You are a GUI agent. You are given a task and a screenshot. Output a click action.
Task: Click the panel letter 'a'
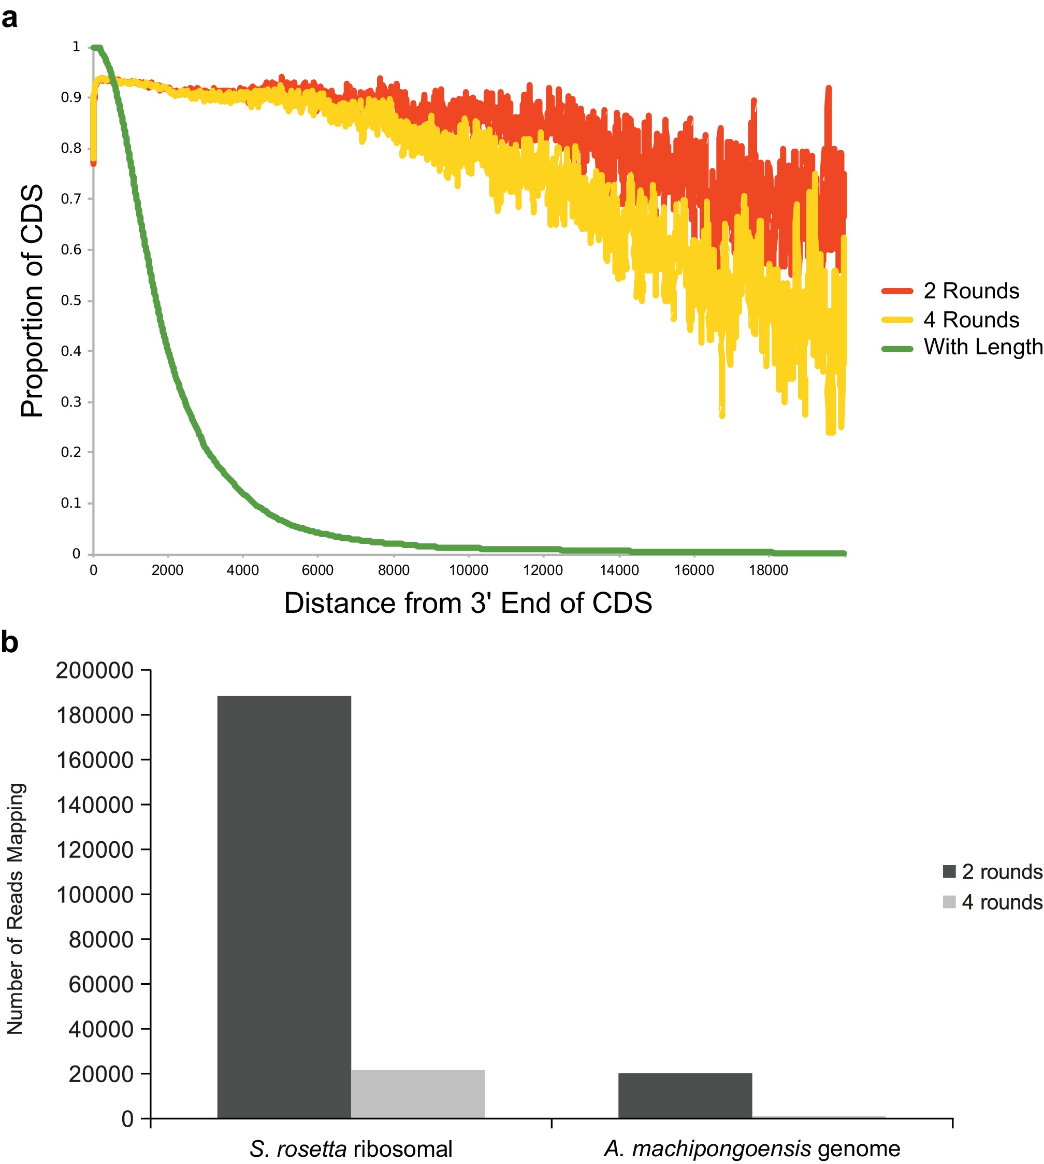click(10, 18)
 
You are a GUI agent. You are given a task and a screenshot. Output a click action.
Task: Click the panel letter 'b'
click(10, 642)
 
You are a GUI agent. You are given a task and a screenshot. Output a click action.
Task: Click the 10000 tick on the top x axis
click(468, 570)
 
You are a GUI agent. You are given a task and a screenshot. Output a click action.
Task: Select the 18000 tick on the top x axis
click(768, 570)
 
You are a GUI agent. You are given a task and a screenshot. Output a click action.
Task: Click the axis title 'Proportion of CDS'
click(32, 300)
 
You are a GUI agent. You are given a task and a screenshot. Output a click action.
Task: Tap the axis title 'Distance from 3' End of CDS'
click(468, 603)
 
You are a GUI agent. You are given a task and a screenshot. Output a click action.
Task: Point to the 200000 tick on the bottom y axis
click(95, 670)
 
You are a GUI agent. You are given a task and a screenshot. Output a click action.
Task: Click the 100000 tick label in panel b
click(95, 895)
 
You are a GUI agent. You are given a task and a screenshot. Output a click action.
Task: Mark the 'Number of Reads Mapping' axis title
click(15, 908)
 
